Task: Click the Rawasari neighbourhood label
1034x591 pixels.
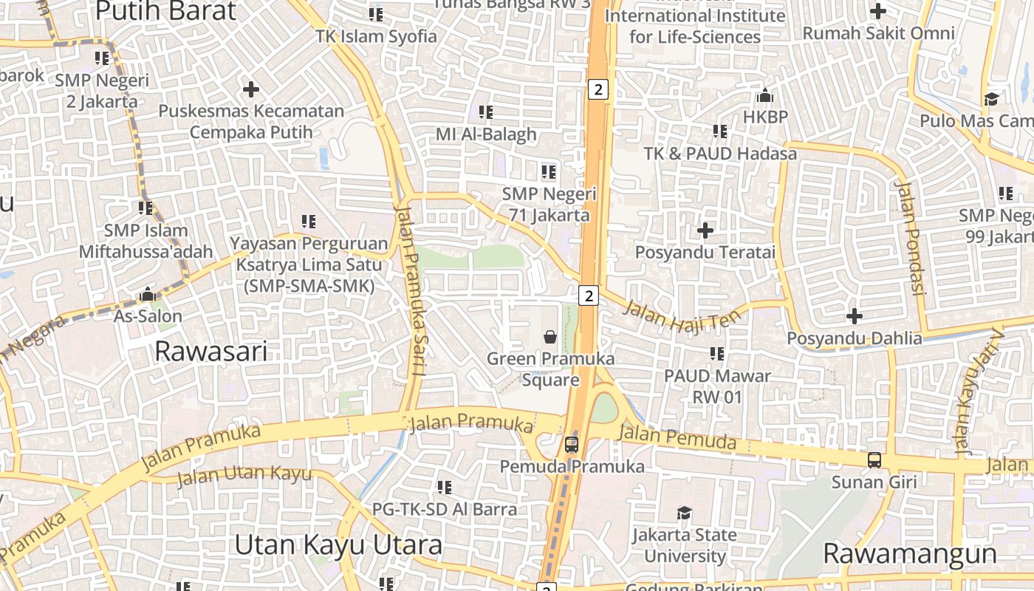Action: [x=210, y=352]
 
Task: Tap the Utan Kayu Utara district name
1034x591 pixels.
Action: [x=338, y=545]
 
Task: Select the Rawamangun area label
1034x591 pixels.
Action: [x=909, y=553]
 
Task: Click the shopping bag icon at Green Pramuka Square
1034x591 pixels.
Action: [x=550, y=338]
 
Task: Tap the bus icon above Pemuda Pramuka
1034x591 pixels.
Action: [x=572, y=445]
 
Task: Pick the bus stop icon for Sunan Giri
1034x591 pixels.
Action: [x=874, y=460]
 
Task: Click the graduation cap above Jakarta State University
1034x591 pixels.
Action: [x=685, y=513]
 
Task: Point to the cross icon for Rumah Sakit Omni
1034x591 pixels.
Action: [x=878, y=11]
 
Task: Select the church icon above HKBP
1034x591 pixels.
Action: [x=765, y=95]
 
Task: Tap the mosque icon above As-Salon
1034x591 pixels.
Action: [x=148, y=295]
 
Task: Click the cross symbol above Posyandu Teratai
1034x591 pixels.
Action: [x=705, y=230]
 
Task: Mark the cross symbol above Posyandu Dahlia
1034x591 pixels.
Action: [x=855, y=316]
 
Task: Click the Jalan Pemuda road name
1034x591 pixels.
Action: [x=677, y=437]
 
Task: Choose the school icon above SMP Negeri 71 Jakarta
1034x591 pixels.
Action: [x=549, y=172]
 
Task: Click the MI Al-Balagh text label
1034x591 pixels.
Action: [x=486, y=134]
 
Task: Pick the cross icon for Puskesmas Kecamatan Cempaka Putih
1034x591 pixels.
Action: [x=251, y=89]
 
